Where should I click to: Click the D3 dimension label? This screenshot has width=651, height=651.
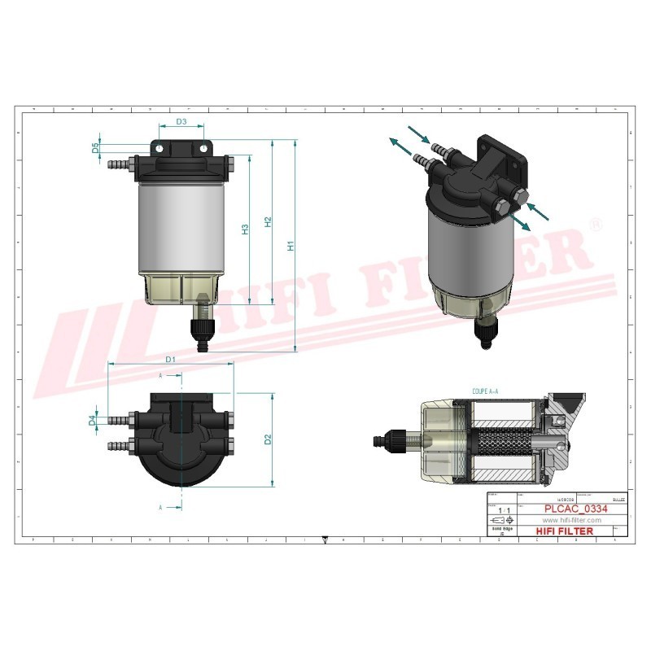[181, 122]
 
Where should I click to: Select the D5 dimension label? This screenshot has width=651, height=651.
[95, 148]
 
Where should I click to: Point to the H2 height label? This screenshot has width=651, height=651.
[267, 221]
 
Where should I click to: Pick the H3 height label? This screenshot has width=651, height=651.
[245, 229]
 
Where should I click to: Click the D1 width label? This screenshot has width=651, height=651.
[171, 359]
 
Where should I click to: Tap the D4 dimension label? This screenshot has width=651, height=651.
[92, 421]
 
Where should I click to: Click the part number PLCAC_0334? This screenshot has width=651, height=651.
[575, 509]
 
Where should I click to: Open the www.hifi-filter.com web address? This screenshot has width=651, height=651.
[570, 520]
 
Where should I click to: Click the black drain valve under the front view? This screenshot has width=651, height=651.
[199, 329]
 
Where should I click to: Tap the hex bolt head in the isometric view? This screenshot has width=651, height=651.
[518, 195]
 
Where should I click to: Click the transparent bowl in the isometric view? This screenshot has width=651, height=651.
[464, 301]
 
